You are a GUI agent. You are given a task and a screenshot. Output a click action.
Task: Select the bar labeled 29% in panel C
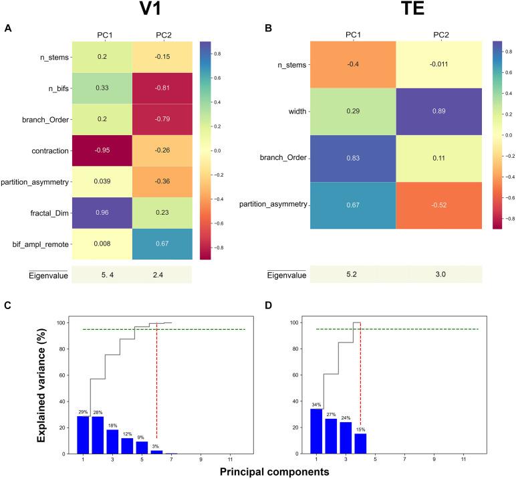coord(83,435)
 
